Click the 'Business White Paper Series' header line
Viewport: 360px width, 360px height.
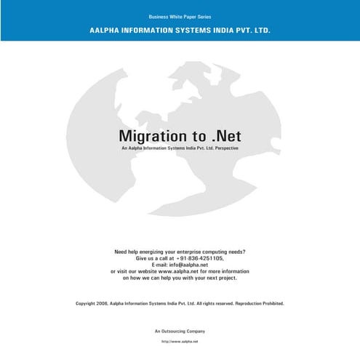point(180,16)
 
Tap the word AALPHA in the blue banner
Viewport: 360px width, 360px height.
point(107,31)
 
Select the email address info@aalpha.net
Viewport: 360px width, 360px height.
point(192,265)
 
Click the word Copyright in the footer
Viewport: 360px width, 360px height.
point(86,303)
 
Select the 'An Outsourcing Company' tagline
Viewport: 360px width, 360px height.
point(180,331)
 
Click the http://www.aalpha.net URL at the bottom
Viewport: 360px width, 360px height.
point(180,341)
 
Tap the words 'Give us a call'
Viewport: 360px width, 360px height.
point(152,258)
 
